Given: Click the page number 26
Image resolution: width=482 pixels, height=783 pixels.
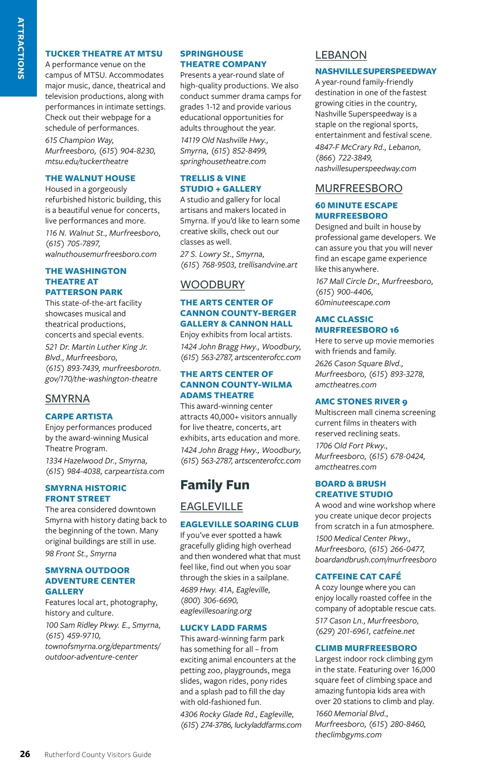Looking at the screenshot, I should (x=25, y=754).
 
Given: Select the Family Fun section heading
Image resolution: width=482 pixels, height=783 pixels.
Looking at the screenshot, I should (x=214, y=485).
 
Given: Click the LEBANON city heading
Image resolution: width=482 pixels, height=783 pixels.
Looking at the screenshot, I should (x=341, y=55).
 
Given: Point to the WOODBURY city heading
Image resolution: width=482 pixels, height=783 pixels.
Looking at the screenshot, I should (x=212, y=284).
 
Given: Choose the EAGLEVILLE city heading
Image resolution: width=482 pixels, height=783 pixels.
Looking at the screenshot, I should (x=211, y=507).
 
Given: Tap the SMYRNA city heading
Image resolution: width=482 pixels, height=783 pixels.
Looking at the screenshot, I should (x=67, y=399).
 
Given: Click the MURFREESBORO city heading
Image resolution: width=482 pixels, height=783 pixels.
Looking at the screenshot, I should (x=358, y=188).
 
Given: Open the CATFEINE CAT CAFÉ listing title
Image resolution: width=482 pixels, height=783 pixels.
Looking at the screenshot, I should (x=358, y=576).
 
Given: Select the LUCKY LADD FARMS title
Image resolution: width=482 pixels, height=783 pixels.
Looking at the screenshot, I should (x=223, y=628).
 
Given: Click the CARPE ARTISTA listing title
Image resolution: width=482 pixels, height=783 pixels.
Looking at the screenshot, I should (x=79, y=416).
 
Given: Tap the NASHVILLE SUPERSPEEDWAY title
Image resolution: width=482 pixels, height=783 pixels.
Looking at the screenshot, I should (x=376, y=71).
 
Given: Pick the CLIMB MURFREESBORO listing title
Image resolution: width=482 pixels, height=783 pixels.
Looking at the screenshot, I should (x=366, y=648).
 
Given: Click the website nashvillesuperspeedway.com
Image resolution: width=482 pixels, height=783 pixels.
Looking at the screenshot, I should (x=366, y=168).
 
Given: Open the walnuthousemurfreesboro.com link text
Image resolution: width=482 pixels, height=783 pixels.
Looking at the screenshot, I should (x=101, y=254).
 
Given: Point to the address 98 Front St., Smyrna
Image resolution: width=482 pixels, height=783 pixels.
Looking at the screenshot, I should (x=81, y=553).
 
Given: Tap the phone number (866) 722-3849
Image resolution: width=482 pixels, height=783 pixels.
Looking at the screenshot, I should (x=343, y=158).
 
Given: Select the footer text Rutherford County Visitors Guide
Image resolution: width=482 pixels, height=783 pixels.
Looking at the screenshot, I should (x=98, y=754).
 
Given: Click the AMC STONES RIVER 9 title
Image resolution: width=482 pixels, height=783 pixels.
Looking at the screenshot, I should (x=361, y=401).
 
